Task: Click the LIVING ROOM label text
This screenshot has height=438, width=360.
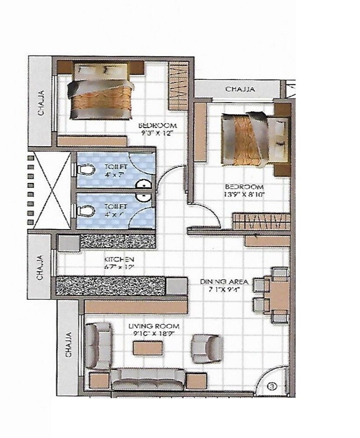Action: (154, 326)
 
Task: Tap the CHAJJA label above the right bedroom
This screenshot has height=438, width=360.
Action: (240, 89)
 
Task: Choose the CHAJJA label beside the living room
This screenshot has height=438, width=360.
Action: (68, 345)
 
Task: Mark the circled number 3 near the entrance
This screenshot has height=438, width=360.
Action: (272, 386)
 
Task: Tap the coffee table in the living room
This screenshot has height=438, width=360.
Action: (149, 347)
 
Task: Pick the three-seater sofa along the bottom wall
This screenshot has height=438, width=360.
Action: (148, 378)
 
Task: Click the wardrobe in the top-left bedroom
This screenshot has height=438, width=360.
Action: (178, 86)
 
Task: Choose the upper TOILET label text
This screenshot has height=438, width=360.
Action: (116, 167)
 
